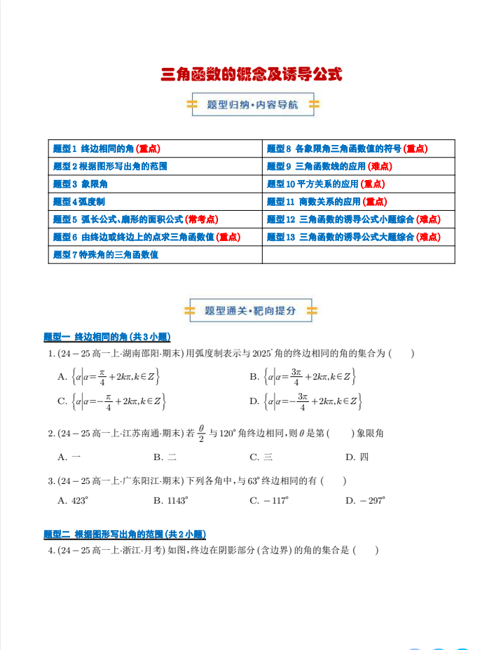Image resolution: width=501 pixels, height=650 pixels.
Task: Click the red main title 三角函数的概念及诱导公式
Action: click(x=251, y=74)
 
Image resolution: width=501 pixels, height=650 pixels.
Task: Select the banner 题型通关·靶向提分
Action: click(x=250, y=310)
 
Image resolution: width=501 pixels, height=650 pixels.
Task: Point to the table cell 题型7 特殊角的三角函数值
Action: click(x=106, y=255)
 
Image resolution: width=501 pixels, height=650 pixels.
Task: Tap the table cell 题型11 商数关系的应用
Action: click(x=327, y=202)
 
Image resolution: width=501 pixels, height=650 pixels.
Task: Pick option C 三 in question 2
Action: click(x=261, y=457)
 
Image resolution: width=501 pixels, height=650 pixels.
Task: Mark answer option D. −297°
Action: click(x=365, y=501)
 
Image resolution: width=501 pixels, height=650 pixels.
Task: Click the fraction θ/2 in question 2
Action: click(x=201, y=434)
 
